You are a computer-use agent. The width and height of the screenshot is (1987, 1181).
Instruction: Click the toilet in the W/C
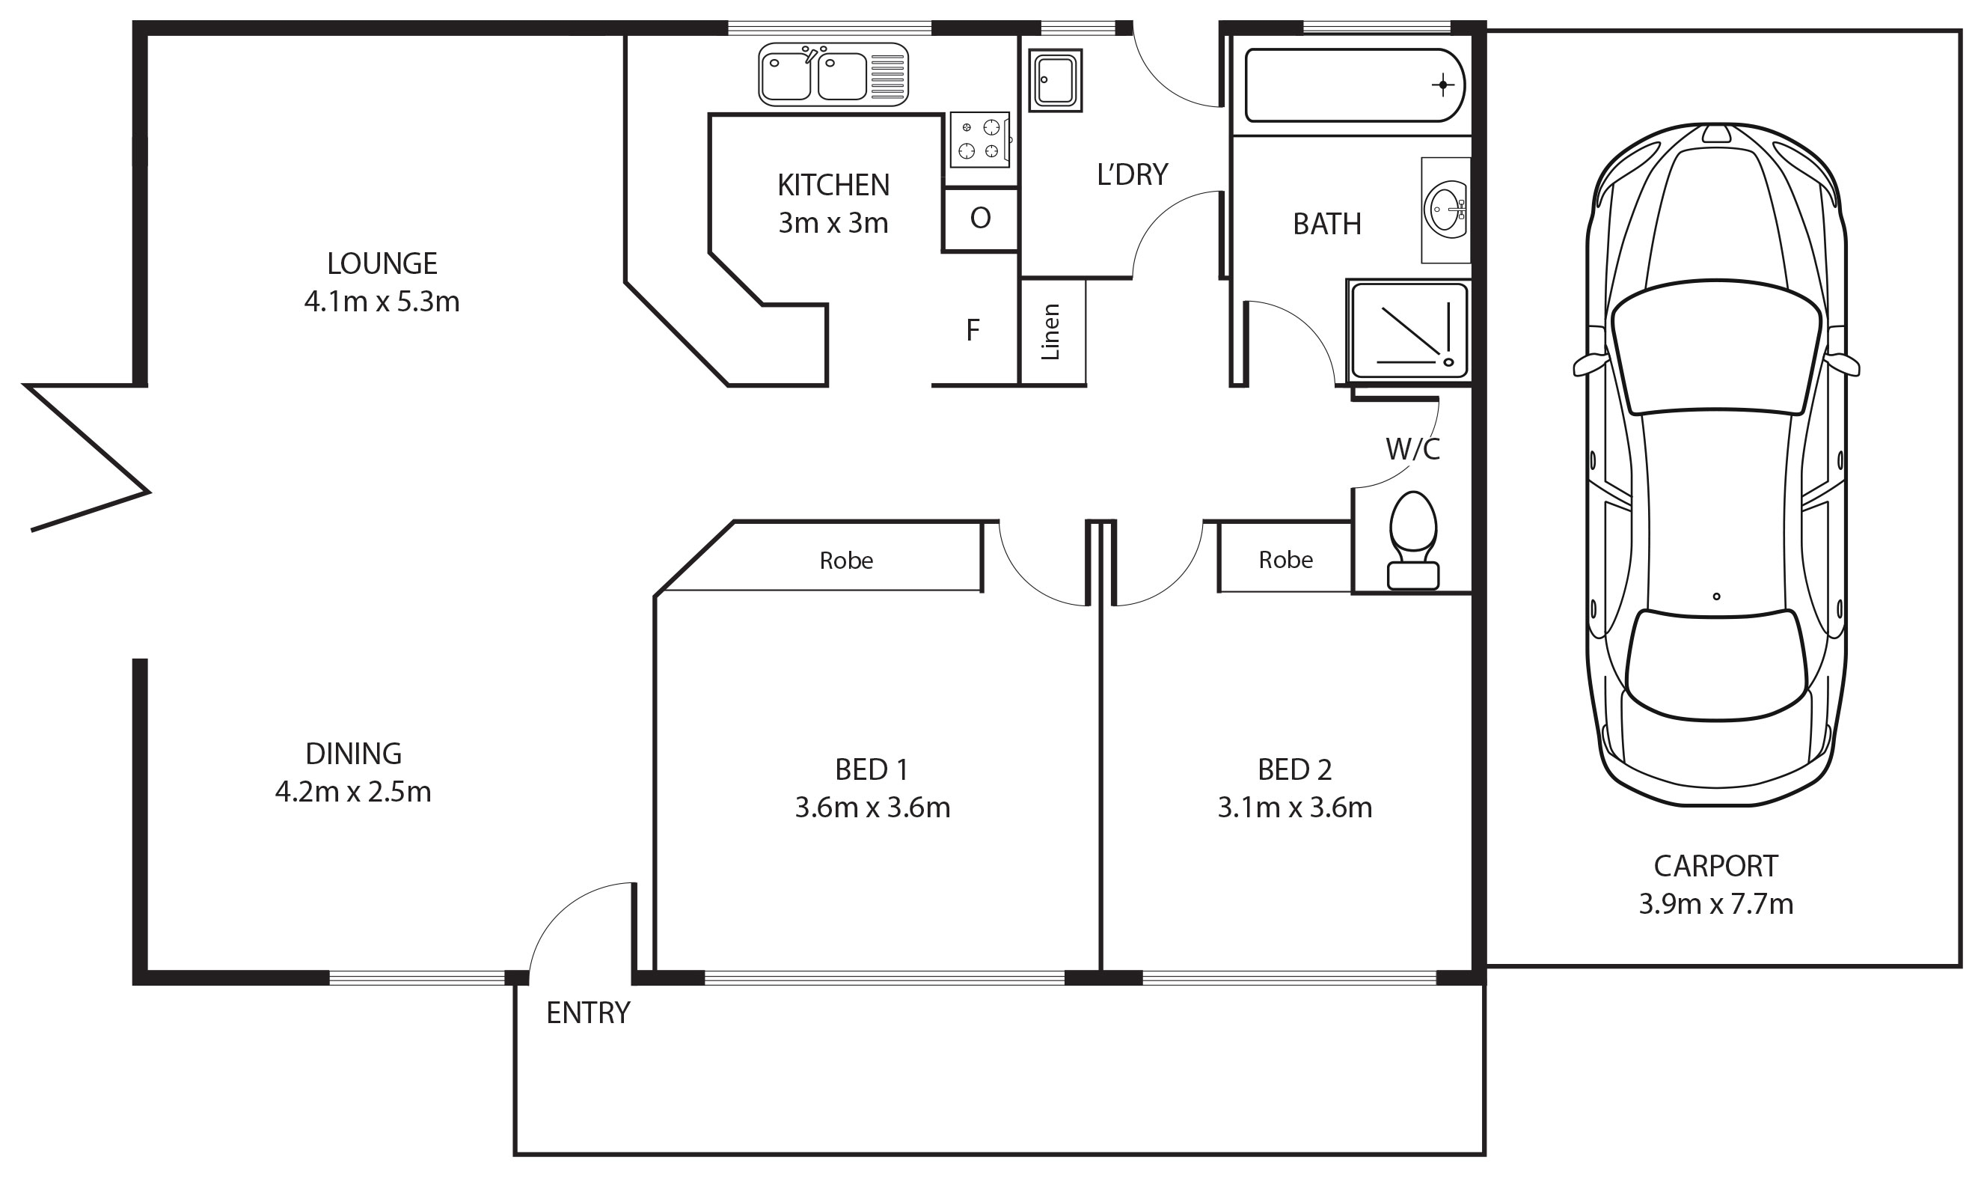1412,540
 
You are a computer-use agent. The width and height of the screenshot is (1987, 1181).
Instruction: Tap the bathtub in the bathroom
1354,85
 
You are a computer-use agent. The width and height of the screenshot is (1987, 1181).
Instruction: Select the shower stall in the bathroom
1409,330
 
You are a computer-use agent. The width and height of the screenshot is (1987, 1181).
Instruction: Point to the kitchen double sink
833,75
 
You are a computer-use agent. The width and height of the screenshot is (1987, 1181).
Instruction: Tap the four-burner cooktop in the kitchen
979,139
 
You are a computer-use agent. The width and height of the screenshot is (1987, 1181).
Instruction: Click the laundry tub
1056,79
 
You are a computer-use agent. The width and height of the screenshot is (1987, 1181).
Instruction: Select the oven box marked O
980,219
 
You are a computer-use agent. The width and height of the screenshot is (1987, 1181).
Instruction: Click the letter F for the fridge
972,329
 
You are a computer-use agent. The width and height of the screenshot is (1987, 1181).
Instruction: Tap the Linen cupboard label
1051,332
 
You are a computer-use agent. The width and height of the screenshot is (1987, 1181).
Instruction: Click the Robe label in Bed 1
846,561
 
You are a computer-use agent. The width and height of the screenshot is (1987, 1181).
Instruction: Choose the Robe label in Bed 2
1285,561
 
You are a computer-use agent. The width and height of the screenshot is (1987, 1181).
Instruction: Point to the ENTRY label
588,1013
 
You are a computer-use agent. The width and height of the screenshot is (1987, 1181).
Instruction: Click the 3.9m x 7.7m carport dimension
1715,905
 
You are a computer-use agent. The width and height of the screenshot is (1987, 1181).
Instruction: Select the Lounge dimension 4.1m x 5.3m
382,302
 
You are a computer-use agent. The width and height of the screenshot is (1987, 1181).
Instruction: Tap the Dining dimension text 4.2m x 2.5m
353,793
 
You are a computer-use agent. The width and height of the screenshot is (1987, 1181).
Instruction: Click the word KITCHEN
833,186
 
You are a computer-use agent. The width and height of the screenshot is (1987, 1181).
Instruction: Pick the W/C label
1412,450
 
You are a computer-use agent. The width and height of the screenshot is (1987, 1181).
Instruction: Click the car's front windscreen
1715,348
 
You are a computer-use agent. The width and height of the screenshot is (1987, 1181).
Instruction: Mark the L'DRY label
1132,175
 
